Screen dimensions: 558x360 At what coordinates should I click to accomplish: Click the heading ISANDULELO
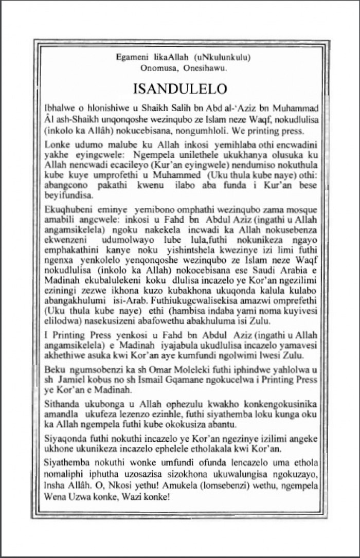pos(180,88)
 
